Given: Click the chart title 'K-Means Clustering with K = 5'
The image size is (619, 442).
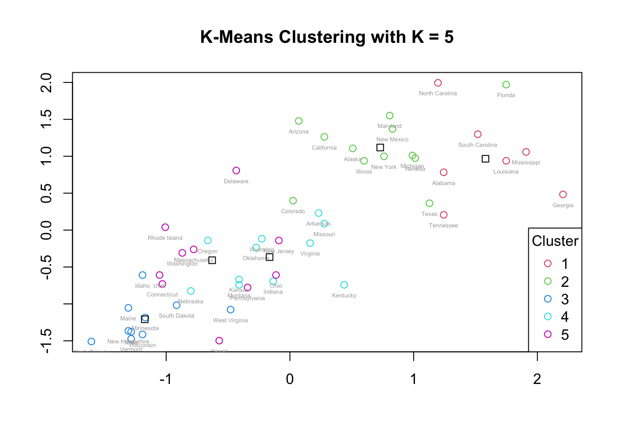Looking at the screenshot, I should [x=327, y=37].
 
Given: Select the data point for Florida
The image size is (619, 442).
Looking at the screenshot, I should [x=506, y=85].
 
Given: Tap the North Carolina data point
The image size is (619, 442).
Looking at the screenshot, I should [x=438, y=83].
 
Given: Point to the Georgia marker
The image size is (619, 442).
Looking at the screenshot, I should [x=563, y=195].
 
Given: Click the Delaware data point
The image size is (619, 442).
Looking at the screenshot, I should [x=236, y=171].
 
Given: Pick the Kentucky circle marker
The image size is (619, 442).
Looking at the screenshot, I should [x=344, y=285].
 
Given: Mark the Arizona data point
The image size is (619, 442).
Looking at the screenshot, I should [x=298, y=121].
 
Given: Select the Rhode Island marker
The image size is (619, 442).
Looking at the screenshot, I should [x=165, y=227].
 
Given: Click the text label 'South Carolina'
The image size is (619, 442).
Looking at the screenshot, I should [x=478, y=145].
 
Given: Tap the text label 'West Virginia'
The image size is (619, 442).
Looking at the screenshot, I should [x=230, y=320].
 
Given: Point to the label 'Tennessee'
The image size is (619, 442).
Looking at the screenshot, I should [x=444, y=226].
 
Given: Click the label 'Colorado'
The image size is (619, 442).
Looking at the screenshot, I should [x=293, y=211].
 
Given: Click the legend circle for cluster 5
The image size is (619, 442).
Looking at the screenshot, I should [x=548, y=334].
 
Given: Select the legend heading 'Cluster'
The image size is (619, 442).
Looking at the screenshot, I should [x=555, y=241].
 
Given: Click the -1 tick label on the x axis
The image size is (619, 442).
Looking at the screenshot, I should [x=165, y=379].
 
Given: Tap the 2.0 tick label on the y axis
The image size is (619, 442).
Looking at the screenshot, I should [x=47, y=83].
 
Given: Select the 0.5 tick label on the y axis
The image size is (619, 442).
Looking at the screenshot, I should [x=47, y=193].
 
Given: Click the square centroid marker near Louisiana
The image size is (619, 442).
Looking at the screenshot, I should [x=485, y=159].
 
